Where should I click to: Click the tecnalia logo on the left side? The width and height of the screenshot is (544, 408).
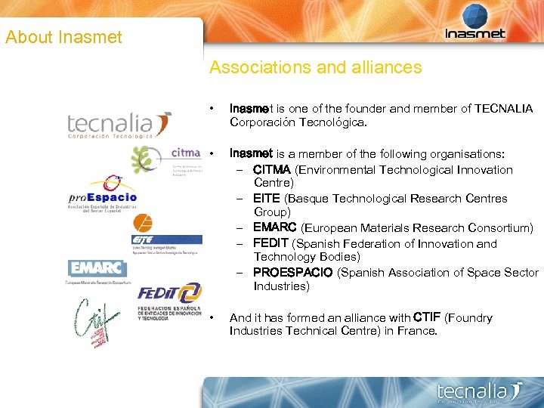click(x=120, y=125)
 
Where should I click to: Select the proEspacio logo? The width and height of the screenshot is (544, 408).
click(x=102, y=195)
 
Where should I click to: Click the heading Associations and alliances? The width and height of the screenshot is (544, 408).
click(x=315, y=67)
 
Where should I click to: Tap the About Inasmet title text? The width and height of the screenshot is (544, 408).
click(x=63, y=36)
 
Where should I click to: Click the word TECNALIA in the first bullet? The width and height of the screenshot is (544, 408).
click(x=503, y=109)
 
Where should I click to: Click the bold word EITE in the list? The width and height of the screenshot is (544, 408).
click(x=267, y=198)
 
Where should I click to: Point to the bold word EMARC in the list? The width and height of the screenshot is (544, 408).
click(x=275, y=227)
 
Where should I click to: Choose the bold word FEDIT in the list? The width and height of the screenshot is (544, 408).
click(x=270, y=243)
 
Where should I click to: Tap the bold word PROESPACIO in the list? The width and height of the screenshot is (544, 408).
click(x=292, y=272)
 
